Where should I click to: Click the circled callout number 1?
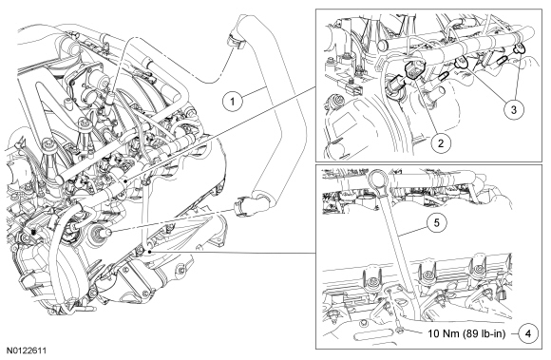(x=233, y=102)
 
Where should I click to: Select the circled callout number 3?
(x=513, y=109)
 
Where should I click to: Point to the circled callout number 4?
(x=529, y=333)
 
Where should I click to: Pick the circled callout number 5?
(x=436, y=222)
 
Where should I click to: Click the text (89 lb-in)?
(x=484, y=333)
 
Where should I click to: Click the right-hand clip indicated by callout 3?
(x=520, y=48)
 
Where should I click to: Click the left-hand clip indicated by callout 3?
(x=460, y=62)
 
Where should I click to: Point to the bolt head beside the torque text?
(x=400, y=330)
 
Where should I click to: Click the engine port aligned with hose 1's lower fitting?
(x=100, y=232)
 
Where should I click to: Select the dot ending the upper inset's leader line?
(x=125, y=180)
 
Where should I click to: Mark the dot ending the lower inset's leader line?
(x=149, y=252)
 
